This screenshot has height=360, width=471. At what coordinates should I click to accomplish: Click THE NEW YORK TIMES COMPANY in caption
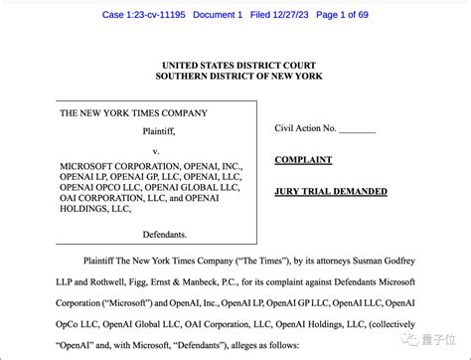(x=133, y=113)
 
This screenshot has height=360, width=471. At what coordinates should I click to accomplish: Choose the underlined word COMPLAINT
(x=303, y=160)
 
